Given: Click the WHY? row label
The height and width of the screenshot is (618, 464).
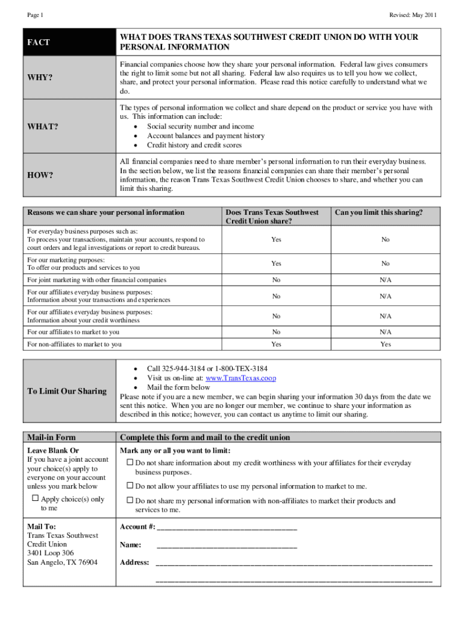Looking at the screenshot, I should pyautogui.click(x=40, y=78).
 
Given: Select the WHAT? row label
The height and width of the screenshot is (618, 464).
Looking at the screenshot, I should pyautogui.click(x=43, y=127).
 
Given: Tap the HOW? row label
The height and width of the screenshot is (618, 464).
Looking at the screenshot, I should pyautogui.click(x=40, y=176).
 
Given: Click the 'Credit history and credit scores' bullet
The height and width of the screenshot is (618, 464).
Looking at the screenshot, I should pyautogui.click(x=194, y=145).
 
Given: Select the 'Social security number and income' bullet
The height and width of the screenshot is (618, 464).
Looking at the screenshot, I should pyautogui.click(x=200, y=127).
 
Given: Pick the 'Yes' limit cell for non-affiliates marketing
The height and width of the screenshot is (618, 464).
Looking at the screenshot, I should pyautogui.click(x=385, y=345).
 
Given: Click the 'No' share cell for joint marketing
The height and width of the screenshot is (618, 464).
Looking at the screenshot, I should pyautogui.click(x=276, y=280).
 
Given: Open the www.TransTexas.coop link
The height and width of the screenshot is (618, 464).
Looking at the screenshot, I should pyautogui.click(x=241, y=378).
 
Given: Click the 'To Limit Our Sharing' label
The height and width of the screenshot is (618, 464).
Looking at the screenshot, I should pyautogui.click(x=67, y=392).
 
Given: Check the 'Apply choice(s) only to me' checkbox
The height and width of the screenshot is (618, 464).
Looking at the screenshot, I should pyautogui.click(x=35, y=499).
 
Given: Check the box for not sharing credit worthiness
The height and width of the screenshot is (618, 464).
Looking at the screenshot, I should pyautogui.click(x=129, y=462).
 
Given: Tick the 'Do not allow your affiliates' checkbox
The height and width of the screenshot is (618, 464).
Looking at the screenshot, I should pyautogui.click(x=129, y=486).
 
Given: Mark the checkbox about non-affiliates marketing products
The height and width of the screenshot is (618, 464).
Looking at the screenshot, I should pyautogui.click(x=129, y=500).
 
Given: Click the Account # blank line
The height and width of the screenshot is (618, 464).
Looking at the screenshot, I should pyautogui.click(x=226, y=527).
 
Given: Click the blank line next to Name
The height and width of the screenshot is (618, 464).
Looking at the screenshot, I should pyautogui.click(x=226, y=545).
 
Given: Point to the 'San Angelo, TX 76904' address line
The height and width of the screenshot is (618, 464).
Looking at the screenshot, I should pyautogui.click(x=62, y=562).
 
